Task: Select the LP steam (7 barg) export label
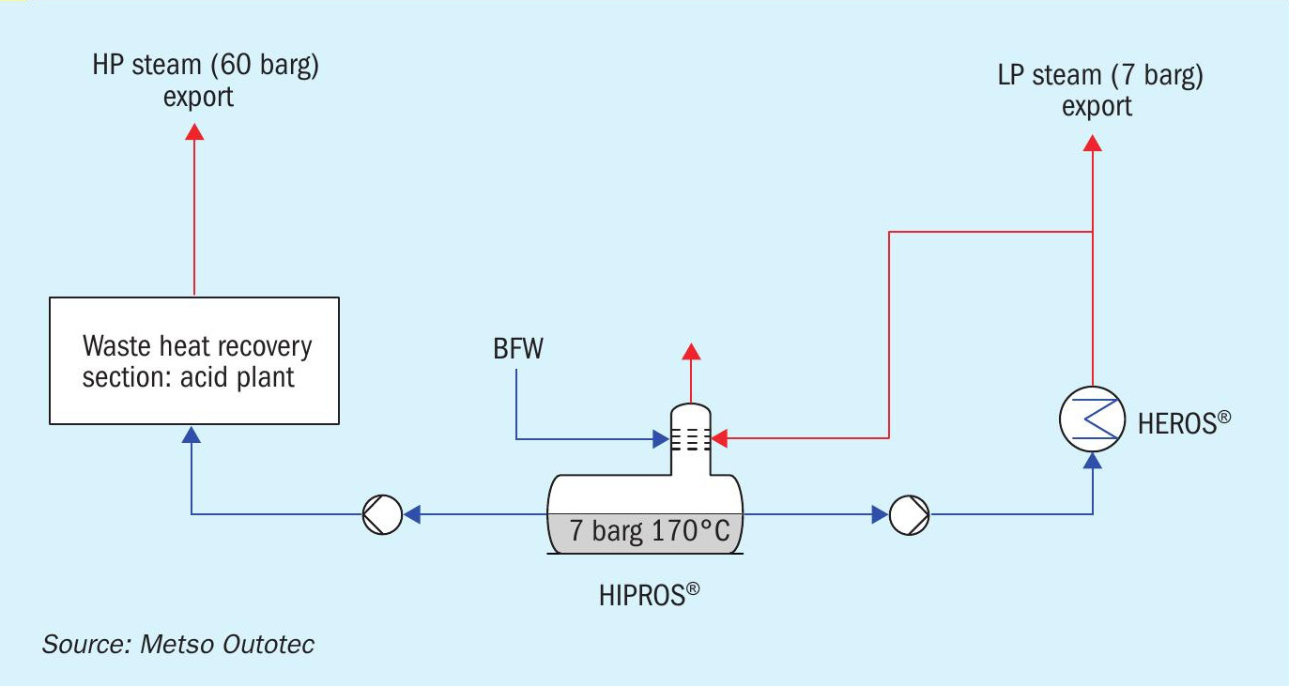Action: [x=1099, y=90]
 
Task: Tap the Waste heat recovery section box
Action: [x=193, y=360]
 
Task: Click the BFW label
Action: [x=518, y=349]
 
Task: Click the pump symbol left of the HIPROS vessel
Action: [x=382, y=514]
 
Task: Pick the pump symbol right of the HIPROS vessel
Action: [x=909, y=514]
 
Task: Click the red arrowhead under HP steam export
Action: [x=194, y=131]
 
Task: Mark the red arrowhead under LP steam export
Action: [x=1093, y=143]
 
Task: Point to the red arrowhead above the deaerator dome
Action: [x=691, y=352]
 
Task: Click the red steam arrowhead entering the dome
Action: [x=720, y=437]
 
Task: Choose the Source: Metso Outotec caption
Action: [x=178, y=645]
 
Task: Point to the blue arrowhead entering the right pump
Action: [x=880, y=514]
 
